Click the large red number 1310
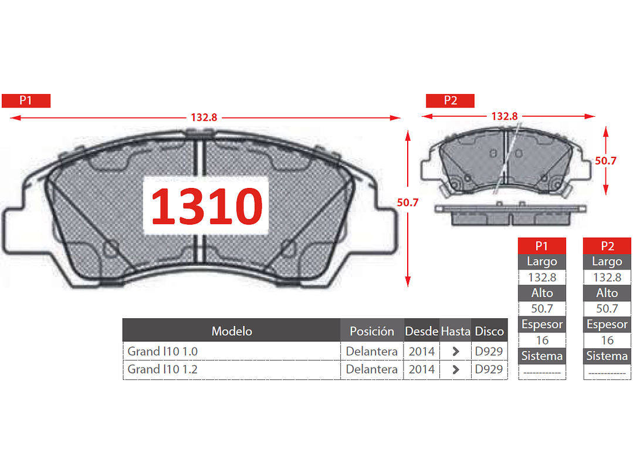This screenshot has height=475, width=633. [x=207, y=206]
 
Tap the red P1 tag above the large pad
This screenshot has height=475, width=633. [x=26, y=100]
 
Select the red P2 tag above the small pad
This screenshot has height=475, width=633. [x=450, y=100]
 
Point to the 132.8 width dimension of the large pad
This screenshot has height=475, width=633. [x=204, y=117]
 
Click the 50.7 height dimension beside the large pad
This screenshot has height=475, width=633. [x=408, y=203]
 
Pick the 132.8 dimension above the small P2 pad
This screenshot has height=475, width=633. [x=504, y=116]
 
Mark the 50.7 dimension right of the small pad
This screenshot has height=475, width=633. [x=605, y=161]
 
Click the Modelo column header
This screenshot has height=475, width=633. [x=232, y=331]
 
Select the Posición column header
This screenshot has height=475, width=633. [x=372, y=331]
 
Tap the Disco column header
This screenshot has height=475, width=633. [x=489, y=331]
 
